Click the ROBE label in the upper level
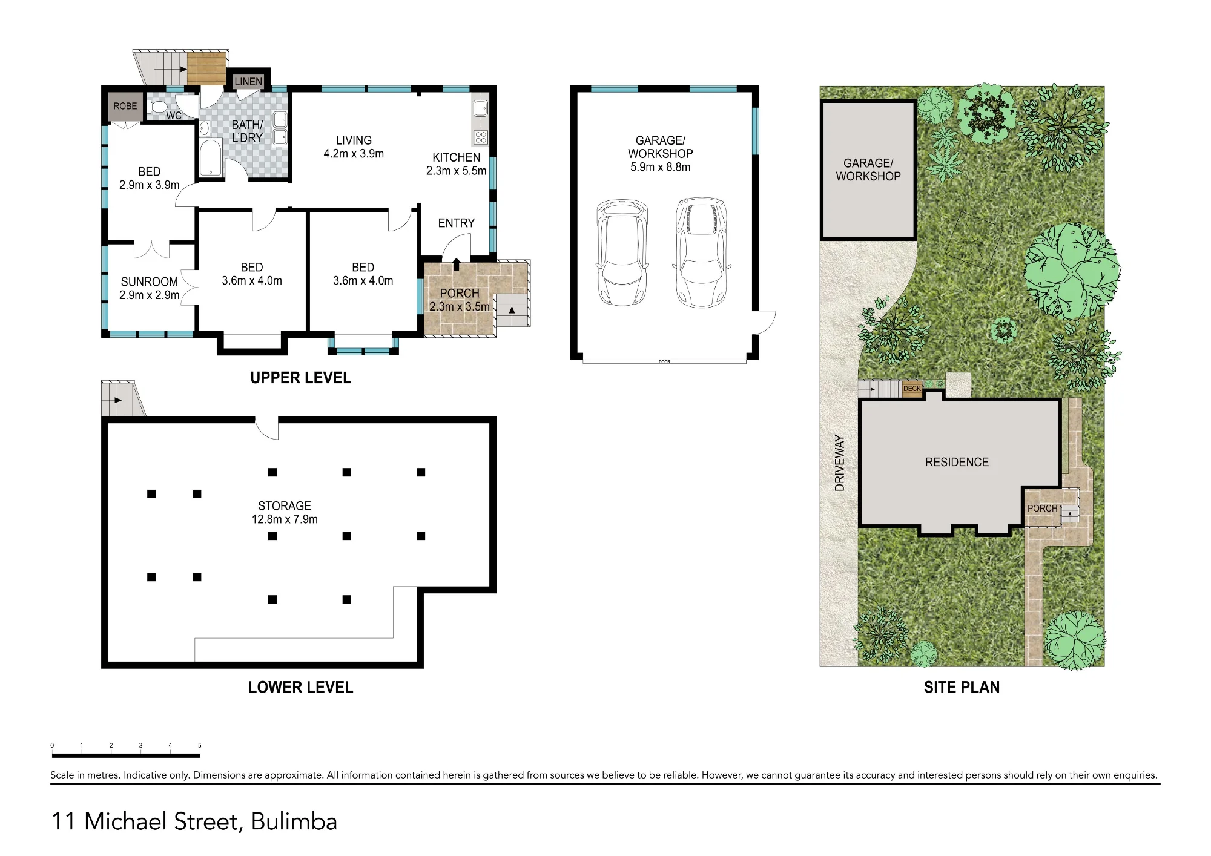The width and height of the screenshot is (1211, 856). coord(125,106)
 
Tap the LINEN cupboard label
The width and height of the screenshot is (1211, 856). coord(248,82)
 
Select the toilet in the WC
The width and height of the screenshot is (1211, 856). coord(158,107)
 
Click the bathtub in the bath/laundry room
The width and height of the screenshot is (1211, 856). coord(210,158)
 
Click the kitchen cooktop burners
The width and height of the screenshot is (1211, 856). coord(481,137)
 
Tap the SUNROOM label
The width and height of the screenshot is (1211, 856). coord(150,281)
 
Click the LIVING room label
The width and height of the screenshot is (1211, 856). coord(354,140)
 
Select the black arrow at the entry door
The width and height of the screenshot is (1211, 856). coord(457,264)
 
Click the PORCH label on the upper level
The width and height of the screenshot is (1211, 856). coord(460,293)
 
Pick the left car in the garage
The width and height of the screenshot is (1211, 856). coord(622,252)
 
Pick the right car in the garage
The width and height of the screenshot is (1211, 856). coord(701,252)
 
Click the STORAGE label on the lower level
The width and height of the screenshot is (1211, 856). coord(285,505)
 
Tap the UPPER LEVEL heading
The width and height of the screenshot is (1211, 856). coord(301,378)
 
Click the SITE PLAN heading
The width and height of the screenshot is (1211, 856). coord(962,687)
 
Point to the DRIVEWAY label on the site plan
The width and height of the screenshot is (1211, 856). coord(839,463)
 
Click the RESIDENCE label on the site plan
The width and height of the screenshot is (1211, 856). coord(957,462)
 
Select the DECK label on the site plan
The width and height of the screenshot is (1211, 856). coord(912,389)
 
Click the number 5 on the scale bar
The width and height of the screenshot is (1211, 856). coord(199,746)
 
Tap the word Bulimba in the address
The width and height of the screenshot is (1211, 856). coord(294,821)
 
